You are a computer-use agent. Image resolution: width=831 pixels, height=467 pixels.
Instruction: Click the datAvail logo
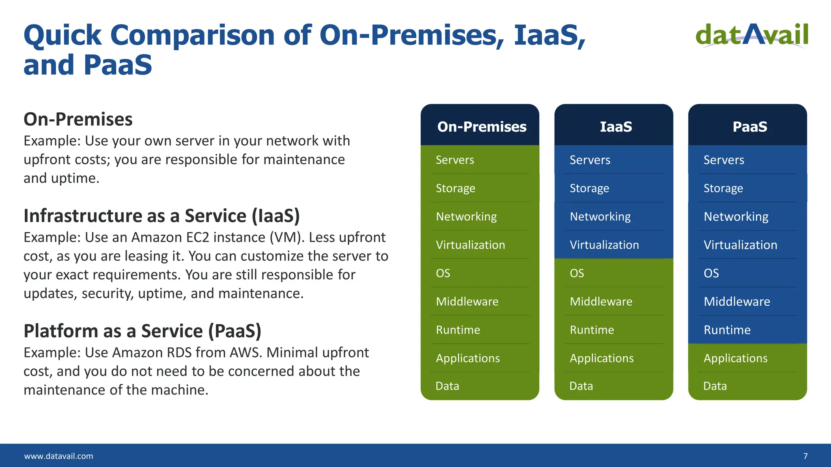[x=752, y=35]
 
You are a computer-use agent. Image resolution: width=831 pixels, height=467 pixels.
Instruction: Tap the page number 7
[x=805, y=456]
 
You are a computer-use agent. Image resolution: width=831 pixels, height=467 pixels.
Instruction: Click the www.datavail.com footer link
[x=58, y=456]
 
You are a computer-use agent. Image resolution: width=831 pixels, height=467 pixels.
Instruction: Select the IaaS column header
[x=616, y=126]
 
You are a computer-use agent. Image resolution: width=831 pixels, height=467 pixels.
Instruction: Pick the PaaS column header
[x=749, y=126]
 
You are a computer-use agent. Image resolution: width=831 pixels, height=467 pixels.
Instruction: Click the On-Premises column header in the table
[x=482, y=126]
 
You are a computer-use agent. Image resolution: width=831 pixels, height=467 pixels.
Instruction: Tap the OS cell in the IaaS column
[x=577, y=273]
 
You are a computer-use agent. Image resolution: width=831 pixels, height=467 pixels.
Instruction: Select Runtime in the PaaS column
[x=727, y=330]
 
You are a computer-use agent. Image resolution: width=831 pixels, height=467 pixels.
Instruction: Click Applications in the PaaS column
[x=735, y=358]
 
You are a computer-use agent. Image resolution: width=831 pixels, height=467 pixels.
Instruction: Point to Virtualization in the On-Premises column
[x=470, y=245]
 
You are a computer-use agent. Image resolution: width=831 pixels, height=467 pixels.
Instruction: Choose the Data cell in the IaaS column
[x=581, y=386]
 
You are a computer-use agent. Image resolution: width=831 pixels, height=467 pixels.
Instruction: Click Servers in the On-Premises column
[x=454, y=160]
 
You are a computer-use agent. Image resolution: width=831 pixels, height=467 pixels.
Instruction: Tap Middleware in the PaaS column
[x=736, y=302]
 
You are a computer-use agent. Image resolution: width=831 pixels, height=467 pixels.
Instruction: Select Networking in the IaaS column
[x=600, y=216]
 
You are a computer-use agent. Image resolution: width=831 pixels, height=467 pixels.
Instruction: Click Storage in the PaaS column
[x=723, y=188]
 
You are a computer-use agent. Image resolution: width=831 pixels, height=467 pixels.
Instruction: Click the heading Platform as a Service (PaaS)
[x=142, y=331]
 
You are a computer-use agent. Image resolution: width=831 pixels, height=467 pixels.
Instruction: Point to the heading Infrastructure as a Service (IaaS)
[x=161, y=216]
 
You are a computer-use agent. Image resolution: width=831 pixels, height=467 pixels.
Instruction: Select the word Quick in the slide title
[x=62, y=36]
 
